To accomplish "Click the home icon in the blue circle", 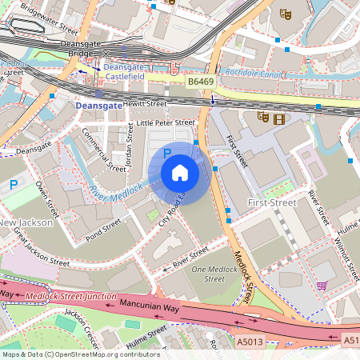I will (180, 173).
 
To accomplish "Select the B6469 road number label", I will (203, 82).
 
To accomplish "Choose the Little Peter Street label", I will (165, 122).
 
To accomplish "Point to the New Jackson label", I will (26, 222).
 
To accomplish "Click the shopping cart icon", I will (322, 285).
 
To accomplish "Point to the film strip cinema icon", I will (278, 119).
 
